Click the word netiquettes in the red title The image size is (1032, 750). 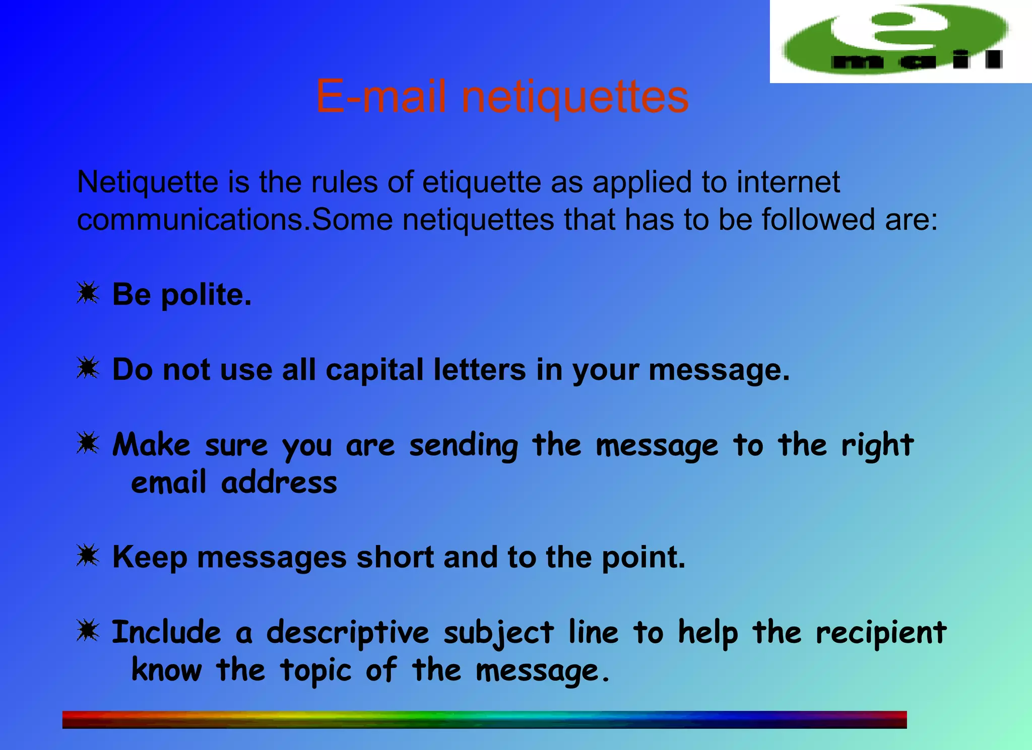click(x=574, y=97)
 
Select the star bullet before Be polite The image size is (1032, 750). click(x=88, y=293)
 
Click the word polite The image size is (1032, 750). click(x=206, y=295)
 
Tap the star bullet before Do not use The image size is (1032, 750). click(x=88, y=368)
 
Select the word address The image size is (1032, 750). click(x=279, y=483)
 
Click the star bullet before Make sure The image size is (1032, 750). click(x=88, y=443)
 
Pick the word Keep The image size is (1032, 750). click(x=150, y=558)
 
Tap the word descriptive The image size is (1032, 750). click(x=348, y=633)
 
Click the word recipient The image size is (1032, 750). click(x=881, y=633)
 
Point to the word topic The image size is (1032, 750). click(x=315, y=671)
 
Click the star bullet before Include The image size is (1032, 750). click(x=88, y=631)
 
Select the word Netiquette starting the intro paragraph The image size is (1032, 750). click(x=147, y=182)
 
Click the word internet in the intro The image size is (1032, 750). click(x=788, y=182)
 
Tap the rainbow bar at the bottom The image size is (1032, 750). click(x=484, y=719)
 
